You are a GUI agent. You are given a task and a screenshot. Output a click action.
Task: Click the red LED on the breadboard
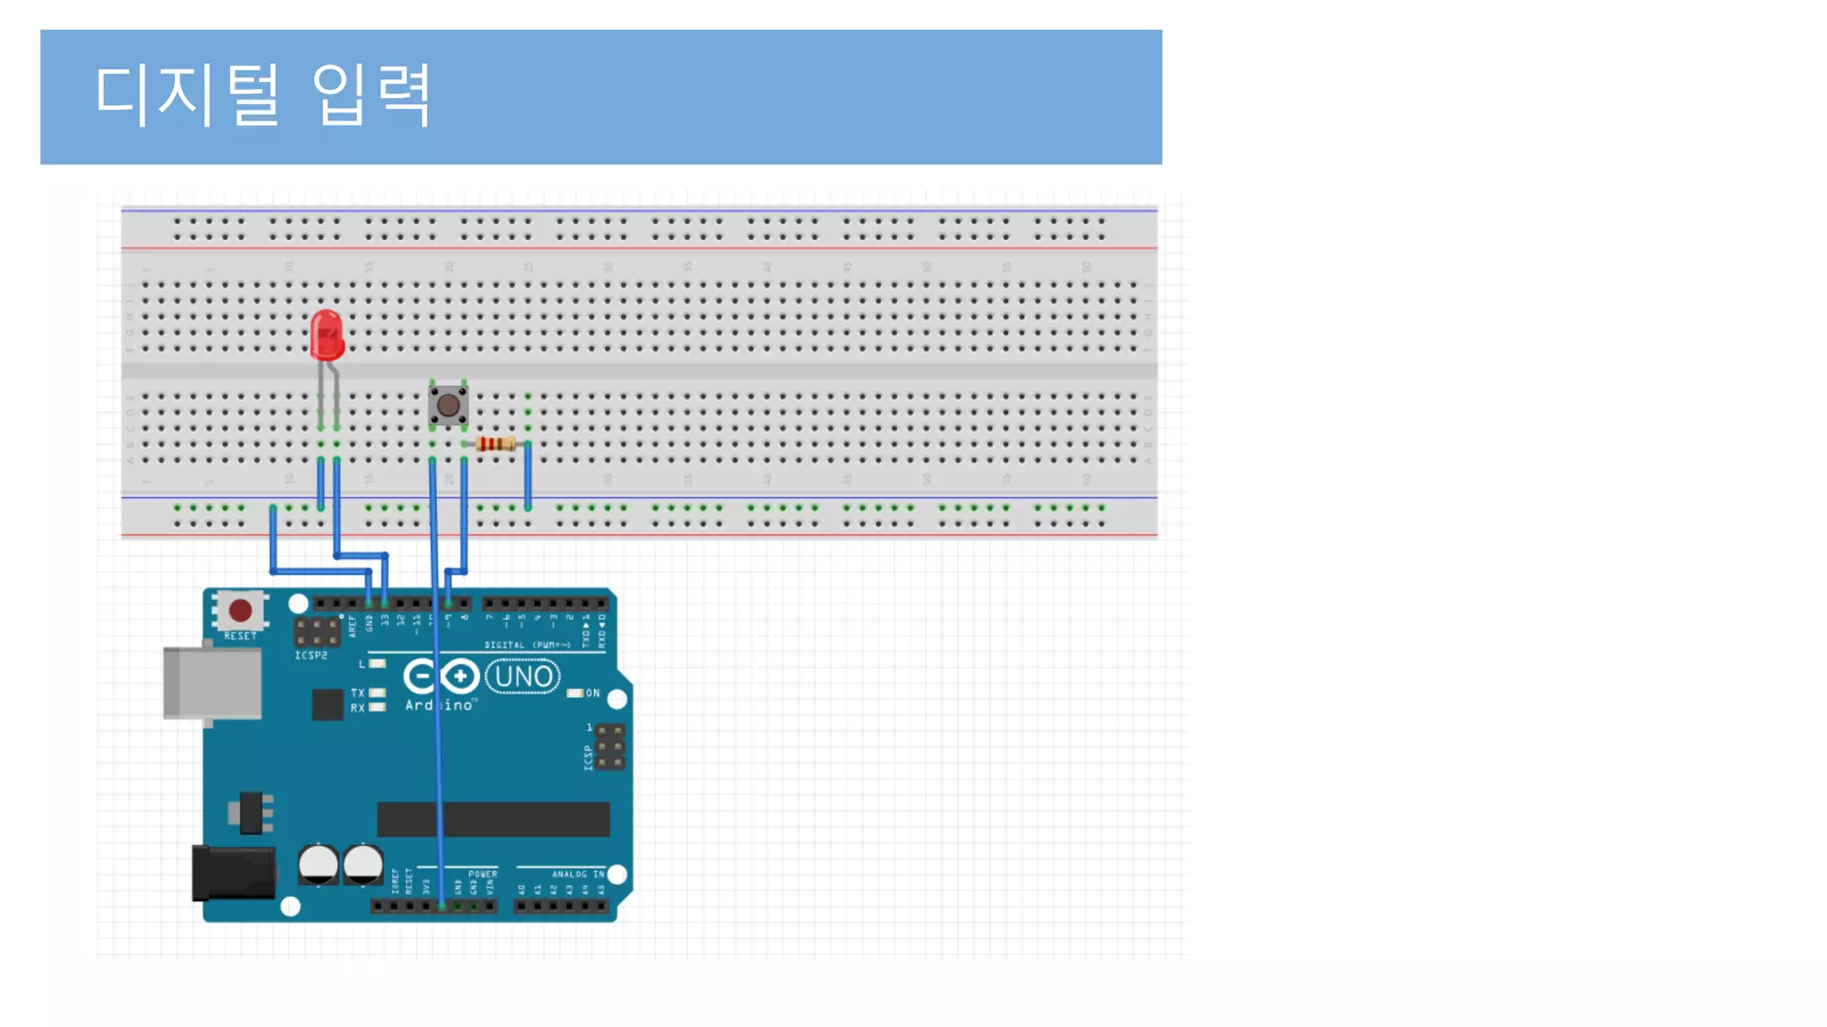(x=327, y=335)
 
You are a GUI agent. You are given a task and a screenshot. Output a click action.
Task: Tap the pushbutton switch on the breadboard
(x=448, y=407)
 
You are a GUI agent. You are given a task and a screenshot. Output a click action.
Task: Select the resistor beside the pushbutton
(x=495, y=444)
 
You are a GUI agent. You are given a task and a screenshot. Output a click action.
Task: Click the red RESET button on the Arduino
(x=240, y=611)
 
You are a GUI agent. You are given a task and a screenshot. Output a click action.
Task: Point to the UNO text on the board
(x=523, y=677)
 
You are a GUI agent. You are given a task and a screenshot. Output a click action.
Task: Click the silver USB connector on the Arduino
(x=212, y=683)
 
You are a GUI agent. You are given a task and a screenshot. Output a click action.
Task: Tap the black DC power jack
(x=234, y=873)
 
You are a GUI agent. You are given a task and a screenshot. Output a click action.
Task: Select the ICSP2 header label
(x=311, y=655)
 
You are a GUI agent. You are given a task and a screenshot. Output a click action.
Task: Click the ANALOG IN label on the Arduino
(x=577, y=875)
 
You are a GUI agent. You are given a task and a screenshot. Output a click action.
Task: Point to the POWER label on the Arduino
(x=483, y=875)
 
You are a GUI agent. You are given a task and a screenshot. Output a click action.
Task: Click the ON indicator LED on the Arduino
(x=575, y=693)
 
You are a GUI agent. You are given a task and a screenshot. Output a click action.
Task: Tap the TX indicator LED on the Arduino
(x=377, y=693)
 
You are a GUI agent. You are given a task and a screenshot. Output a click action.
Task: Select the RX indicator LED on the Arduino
(x=377, y=708)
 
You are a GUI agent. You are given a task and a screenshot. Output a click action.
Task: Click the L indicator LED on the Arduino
(x=377, y=664)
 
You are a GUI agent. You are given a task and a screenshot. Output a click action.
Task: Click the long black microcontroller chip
(x=493, y=819)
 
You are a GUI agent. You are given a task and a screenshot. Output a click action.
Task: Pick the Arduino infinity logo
(x=441, y=677)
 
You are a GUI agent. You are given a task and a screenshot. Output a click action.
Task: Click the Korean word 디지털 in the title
(x=187, y=94)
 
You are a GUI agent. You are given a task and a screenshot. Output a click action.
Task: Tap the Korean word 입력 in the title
(x=371, y=94)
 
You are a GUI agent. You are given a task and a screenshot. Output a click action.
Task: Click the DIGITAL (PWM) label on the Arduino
(x=527, y=645)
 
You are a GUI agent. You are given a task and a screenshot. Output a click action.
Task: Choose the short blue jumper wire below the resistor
(x=528, y=474)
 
